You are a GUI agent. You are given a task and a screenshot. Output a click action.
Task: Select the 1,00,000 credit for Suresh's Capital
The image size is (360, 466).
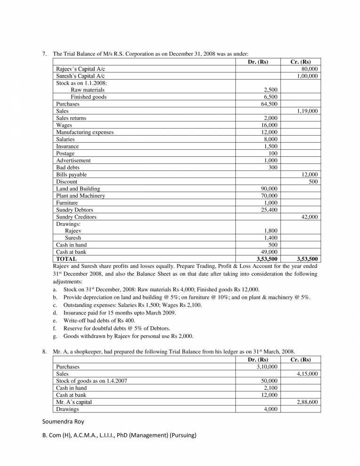307,76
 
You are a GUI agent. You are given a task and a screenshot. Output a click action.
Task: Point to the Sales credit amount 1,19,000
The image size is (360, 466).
307,111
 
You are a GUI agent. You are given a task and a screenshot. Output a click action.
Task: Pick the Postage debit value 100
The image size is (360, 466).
272,153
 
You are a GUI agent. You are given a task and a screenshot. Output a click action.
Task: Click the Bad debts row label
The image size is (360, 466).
68,168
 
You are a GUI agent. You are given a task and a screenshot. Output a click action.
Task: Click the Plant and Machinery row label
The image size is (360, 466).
80,196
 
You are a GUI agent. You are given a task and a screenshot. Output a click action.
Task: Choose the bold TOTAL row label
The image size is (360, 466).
66,259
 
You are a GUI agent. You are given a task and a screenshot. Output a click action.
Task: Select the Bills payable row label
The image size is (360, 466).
72,175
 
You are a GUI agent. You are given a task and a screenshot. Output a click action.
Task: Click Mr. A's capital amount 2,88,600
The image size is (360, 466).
307,402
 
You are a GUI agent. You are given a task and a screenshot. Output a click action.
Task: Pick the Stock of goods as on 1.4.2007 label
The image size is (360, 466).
91,381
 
